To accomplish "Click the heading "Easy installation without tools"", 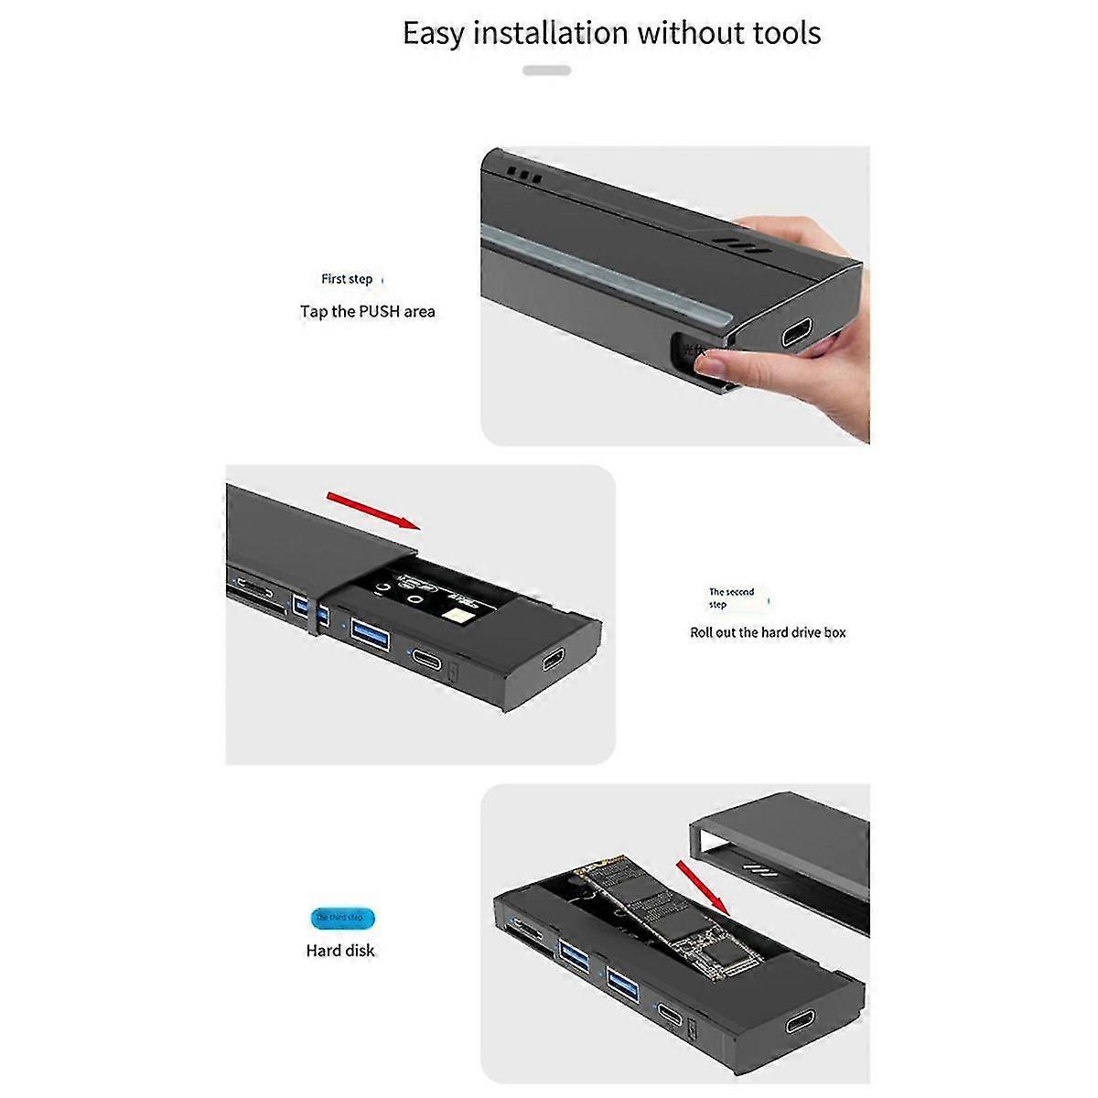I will point(611,34).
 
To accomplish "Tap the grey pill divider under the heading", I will point(546,70).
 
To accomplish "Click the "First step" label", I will point(347,279).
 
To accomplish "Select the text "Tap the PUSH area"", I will point(368,312).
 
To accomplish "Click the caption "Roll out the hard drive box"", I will point(768,632).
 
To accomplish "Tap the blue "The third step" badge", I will point(340,917).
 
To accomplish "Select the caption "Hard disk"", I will point(340,951).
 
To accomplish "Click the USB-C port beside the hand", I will point(798,334).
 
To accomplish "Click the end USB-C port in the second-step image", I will point(554,662).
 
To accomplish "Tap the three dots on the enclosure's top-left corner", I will point(525,175).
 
